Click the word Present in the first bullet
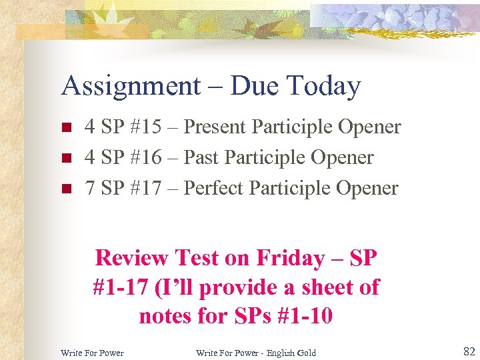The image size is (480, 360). tap(217, 127)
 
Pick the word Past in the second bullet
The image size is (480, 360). tap(201, 157)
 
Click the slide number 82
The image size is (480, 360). tap(469, 351)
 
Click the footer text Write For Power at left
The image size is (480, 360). tap(92, 353)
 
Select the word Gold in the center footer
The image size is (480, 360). tap(307, 353)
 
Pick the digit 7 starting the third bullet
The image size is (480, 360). tap(89, 188)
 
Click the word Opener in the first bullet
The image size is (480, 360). tap(369, 127)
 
